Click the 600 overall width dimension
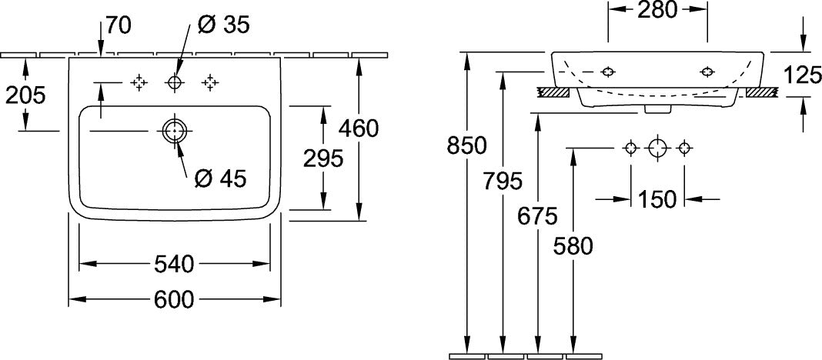(x=174, y=299)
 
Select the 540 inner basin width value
(x=174, y=264)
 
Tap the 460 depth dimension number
(x=359, y=128)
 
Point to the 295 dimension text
(x=323, y=158)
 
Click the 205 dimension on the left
(x=25, y=95)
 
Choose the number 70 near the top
(x=119, y=25)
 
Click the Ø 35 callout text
(x=224, y=25)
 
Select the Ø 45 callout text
(x=220, y=179)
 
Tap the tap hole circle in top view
(x=174, y=82)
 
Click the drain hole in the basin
(x=174, y=131)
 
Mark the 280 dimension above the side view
(x=657, y=9)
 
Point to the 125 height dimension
(x=802, y=75)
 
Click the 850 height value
(x=466, y=145)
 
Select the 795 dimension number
(x=503, y=182)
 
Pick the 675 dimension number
(x=536, y=215)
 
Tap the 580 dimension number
(x=573, y=245)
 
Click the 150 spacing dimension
(x=657, y=199)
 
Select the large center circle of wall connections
(x=657, y=148)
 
